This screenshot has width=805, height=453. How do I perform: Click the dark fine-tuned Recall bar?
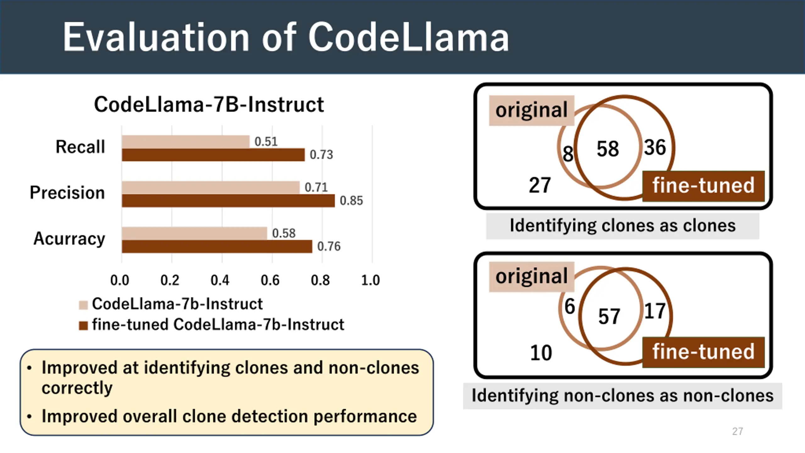[213, 155]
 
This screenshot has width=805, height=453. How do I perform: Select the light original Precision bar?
[211, 187]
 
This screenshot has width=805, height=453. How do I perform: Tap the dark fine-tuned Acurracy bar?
[217, 246]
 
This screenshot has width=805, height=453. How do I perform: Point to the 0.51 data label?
[266, 142]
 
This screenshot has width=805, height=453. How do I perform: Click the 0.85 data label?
[351, 201]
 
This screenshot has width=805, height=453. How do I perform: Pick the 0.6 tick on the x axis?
[270, 280]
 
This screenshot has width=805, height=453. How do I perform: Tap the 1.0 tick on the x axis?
[370, 280]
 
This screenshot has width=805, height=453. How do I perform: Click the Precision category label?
[67, 193]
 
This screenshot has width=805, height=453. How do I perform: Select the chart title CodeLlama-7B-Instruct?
[209, 104]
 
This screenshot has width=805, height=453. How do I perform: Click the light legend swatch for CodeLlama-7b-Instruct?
[83, 305]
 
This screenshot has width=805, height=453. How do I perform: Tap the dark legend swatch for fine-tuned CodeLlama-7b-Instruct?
[83, 326]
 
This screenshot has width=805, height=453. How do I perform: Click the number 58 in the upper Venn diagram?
[608, 149]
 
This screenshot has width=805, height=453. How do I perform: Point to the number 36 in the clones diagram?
[655, 147]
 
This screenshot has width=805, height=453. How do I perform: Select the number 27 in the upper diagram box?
[540, 185]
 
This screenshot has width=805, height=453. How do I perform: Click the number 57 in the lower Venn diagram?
[609, 316]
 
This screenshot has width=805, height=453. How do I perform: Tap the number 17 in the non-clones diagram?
[655, 311]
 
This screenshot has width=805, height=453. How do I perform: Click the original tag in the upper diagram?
[531, 110]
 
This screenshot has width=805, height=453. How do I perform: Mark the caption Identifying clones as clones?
[623, 226]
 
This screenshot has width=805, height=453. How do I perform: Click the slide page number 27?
[737, 431]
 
